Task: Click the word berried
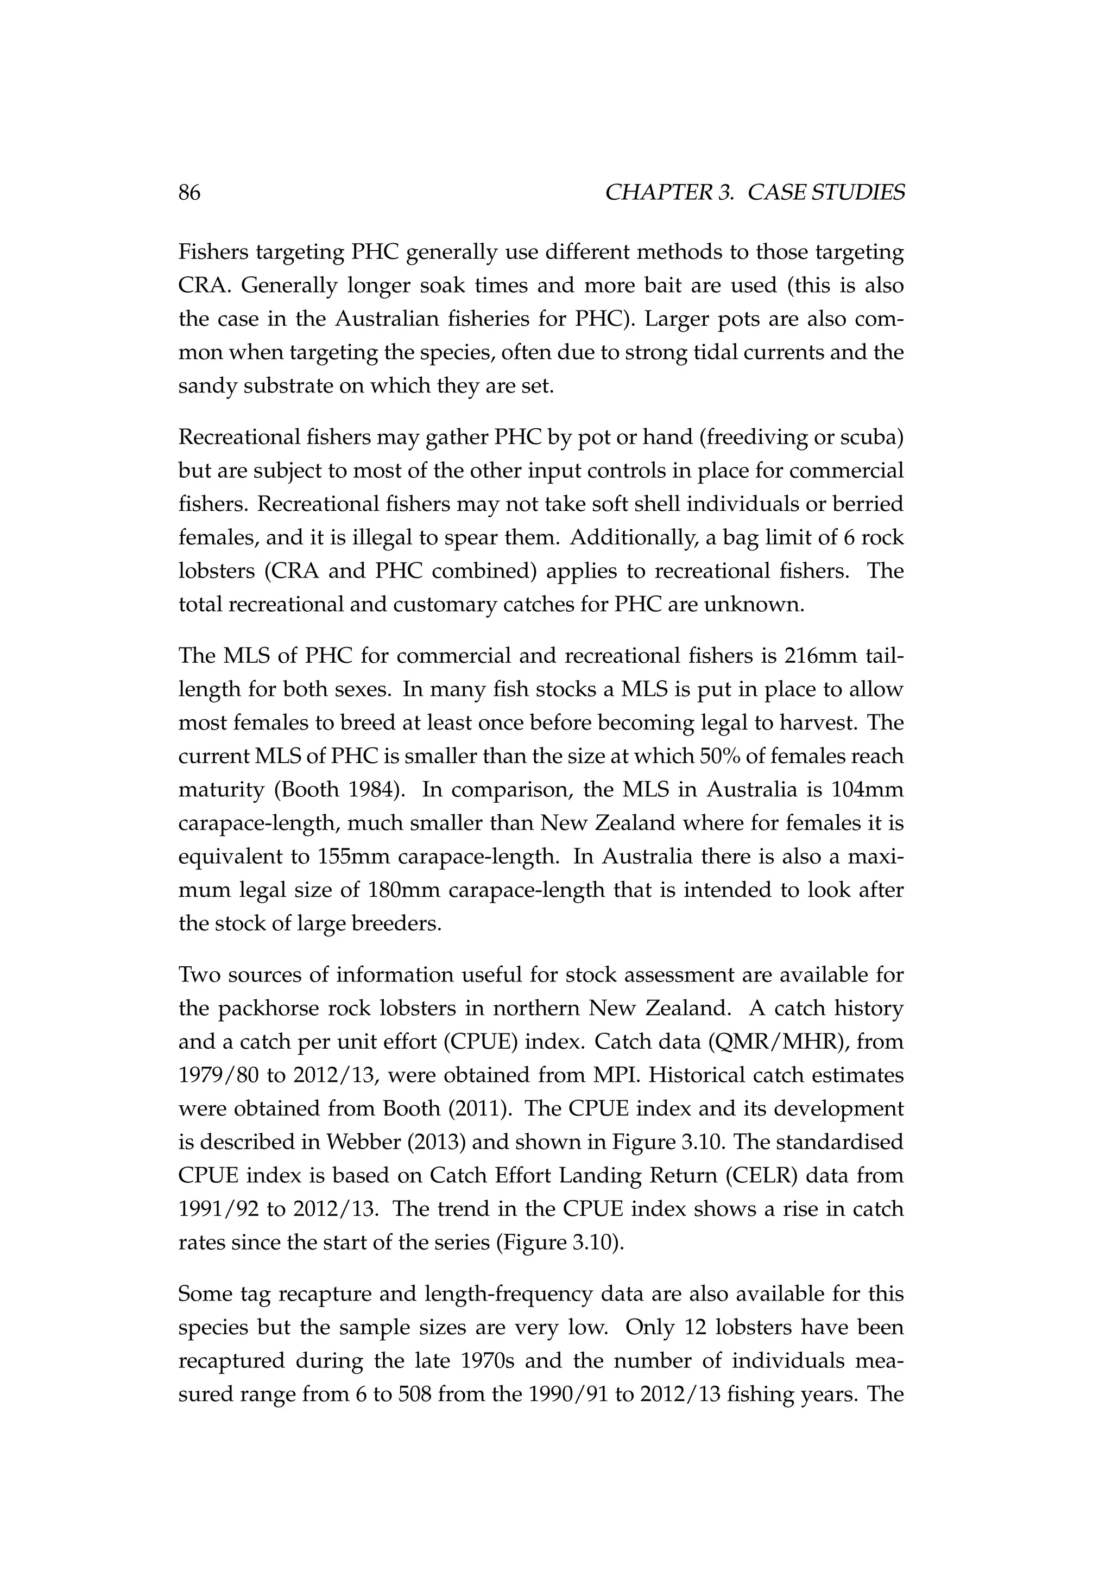tap(868, 504)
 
